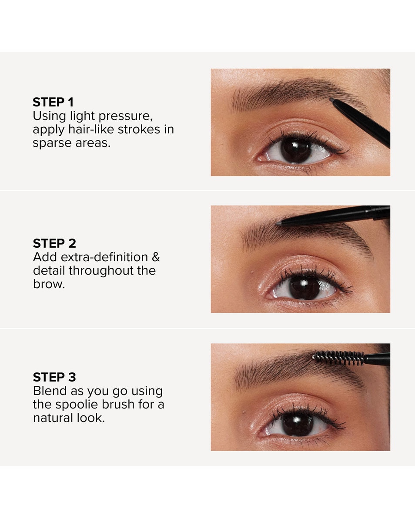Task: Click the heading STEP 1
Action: point(53,103)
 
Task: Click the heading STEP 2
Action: point(54,243)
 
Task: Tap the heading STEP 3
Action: point(54,377)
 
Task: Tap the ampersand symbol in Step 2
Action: point(156,257)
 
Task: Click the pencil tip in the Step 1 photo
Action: point(332,100)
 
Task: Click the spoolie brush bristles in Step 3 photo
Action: point(338,358)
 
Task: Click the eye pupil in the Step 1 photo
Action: point(296,150)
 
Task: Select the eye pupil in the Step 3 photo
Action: point(298,424)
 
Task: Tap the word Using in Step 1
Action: point(49,116)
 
